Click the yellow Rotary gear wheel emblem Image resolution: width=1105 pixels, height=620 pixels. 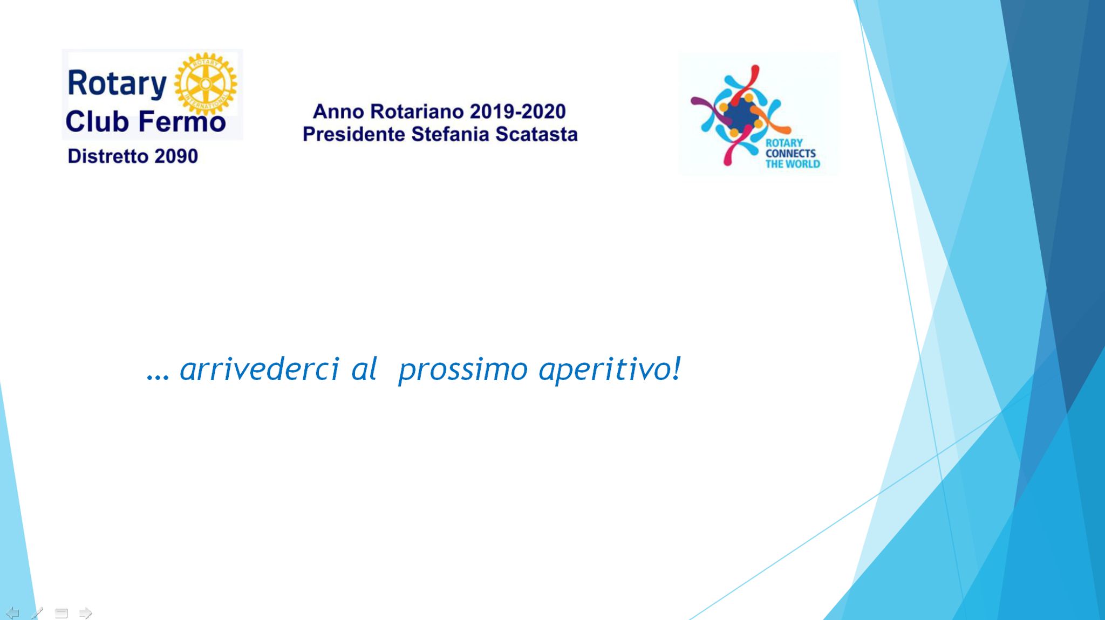(x=206, y=84)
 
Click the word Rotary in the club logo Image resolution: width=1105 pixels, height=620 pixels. (x=117, y=84)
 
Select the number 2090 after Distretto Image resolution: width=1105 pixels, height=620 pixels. (x=176, y=156)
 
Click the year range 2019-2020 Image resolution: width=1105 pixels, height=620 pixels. (x=517, y=112)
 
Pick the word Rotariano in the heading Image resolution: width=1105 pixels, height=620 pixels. (x=417, y=112)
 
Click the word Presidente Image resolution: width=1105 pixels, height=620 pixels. (x=354, y=134)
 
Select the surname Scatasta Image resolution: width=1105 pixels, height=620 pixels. (x=537, y=134)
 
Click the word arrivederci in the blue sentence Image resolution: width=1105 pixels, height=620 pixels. (x=260, y=369)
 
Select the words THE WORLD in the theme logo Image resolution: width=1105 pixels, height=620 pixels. (x=793, y=164)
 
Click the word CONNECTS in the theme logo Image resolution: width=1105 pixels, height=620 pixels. (x=790, y=154)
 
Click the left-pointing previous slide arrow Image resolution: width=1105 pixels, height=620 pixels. (x=13, y=613)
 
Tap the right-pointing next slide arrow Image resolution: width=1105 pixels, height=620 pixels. (x=85, y=613)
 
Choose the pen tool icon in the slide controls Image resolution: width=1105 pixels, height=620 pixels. (x=37, y=613)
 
